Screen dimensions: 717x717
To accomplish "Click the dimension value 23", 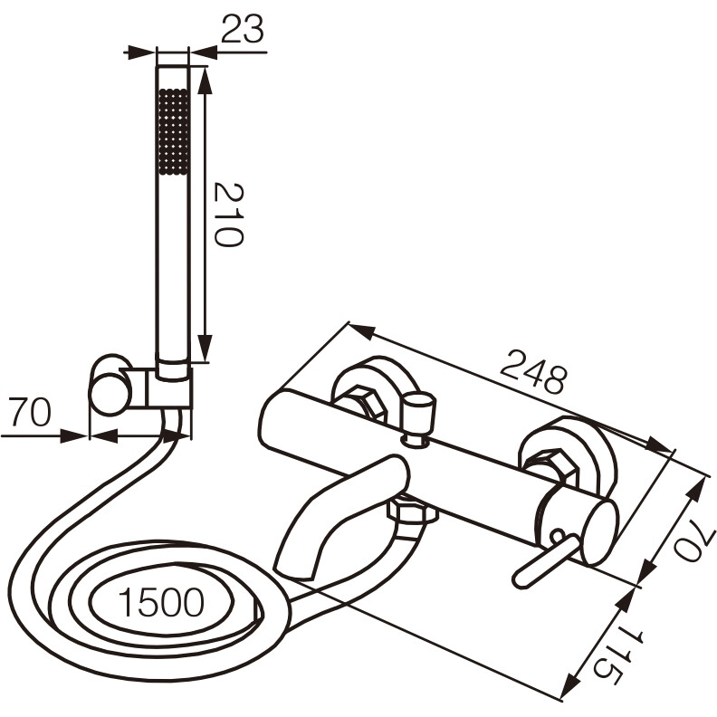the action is [243, 29].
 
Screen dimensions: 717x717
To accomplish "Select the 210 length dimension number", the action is [229, 215].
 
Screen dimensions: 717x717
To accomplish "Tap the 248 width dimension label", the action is [533, 371].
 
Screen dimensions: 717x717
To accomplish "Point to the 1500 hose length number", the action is [161, 602].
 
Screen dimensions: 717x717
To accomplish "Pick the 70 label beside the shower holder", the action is [30, 413].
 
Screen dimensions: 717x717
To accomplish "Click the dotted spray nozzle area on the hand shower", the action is [173, 131].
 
